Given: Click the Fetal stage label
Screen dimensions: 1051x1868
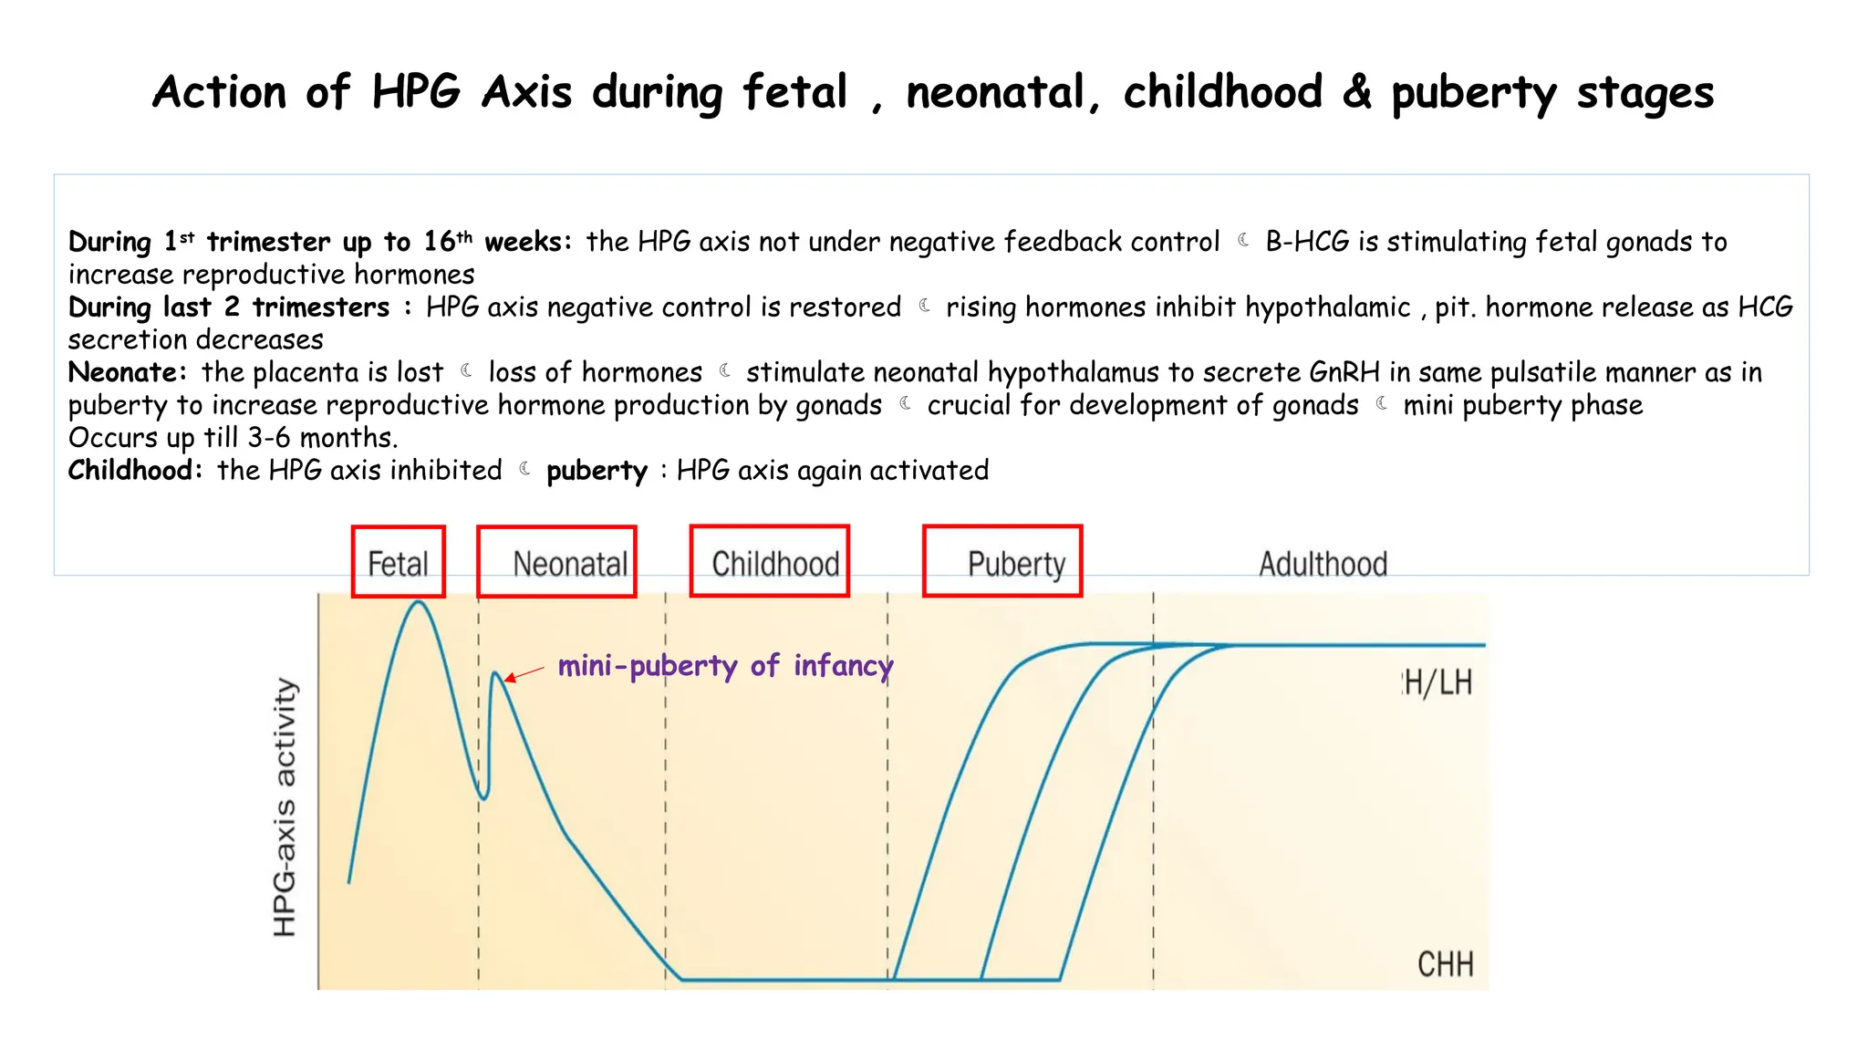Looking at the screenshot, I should click(398, 564).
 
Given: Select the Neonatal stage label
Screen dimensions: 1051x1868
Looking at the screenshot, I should click(570, 564).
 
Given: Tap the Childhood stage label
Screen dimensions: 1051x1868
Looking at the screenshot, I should click(775, 564).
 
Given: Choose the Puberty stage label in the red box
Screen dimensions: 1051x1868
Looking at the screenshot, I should click(1016, 565).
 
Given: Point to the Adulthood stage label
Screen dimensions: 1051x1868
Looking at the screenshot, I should click(1323, 564).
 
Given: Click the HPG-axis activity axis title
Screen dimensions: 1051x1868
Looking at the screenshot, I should click(285, 806).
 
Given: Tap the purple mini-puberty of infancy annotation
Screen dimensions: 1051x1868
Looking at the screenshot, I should click(725, 665).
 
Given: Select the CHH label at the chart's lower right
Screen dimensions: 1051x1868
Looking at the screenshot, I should click(1445, 964).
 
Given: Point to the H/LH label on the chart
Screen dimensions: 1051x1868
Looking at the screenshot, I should click(1437, 682).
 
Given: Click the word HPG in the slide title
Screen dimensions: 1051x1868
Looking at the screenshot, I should click(416, 92).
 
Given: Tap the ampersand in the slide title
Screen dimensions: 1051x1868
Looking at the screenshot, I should click(1356, 92).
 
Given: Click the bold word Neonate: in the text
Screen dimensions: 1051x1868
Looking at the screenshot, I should click(127, 372).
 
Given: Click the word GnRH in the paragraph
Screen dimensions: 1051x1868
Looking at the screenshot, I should click(1344, 372).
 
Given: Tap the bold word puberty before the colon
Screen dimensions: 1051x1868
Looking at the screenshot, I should click(597, 471).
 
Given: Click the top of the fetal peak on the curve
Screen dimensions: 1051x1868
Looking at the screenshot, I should click(419, 602).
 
